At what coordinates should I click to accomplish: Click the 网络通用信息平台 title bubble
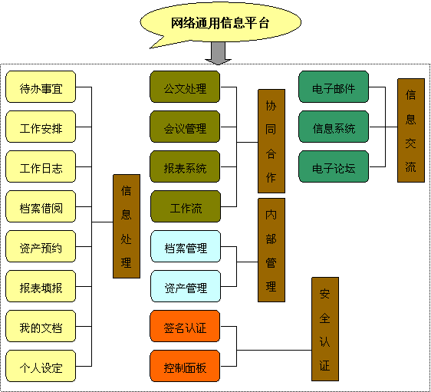[x=220, y=23]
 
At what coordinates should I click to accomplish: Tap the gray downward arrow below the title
[x=219, y=54]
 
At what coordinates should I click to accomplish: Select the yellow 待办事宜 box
[x=41, y=87]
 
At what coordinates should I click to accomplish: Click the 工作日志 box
[x=41, y=166]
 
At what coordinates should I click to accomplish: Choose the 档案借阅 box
[x=41, y=206]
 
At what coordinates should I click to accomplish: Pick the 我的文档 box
[x=41, y=326]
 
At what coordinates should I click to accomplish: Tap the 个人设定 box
[x=41, y=366]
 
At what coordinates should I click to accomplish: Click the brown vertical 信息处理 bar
[x=127, y=226]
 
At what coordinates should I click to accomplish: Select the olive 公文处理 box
[x=185, y=87]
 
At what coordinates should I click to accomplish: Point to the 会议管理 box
[x=185, y=127]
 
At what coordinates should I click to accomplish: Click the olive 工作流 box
[x=186, y=206]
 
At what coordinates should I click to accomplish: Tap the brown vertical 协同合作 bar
[x=271, y=141]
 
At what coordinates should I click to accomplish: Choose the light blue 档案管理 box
[x=186, y=246]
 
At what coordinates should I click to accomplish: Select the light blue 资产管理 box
[x=186, y=286]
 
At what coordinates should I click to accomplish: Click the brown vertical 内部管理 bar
[x=271, y=250]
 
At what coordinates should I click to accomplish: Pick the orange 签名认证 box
[x=185, y=326]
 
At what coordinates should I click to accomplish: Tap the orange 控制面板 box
[x=185, y=366]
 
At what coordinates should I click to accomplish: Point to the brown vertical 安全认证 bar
[x=325, y=329]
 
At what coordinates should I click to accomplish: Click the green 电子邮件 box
[x=334, y=87]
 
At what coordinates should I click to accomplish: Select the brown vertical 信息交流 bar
[x=411, y=130]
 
